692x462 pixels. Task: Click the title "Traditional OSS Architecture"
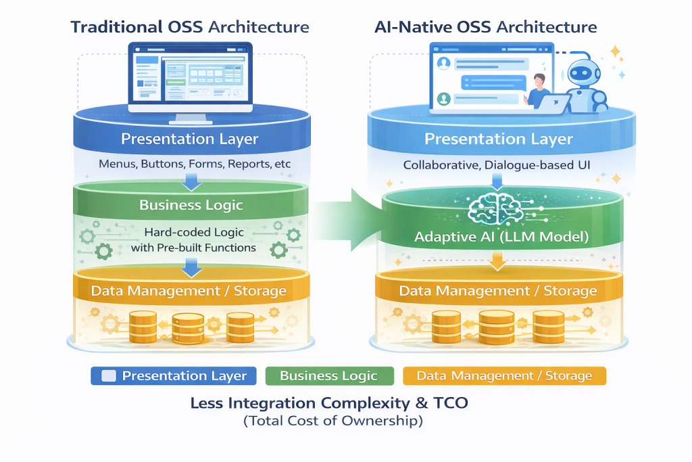(x=190, y=28)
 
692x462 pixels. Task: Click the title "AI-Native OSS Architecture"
(x=485, y=28)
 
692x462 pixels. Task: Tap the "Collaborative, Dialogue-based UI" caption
(x=498, y=165)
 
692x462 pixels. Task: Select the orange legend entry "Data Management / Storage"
(x=503, y=376)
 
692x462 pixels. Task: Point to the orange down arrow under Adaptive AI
(x=497, y=261)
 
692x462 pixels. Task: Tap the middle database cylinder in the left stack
(x=189, y=327)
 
